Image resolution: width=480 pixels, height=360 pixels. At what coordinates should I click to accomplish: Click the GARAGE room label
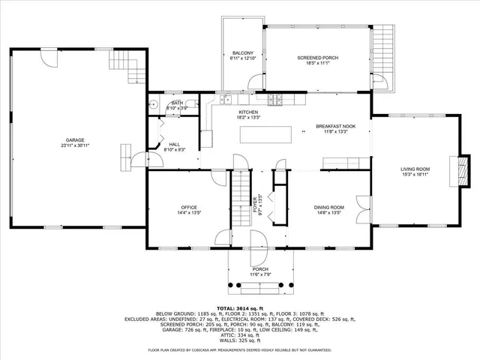point(74,139)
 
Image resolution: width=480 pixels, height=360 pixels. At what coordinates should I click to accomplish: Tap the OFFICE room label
point(188,207)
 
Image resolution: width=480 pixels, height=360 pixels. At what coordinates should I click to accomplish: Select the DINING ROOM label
point(328,207)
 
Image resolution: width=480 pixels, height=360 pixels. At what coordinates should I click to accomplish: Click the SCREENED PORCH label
point(318,58)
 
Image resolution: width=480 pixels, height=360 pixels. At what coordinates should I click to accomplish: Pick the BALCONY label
point(242,52)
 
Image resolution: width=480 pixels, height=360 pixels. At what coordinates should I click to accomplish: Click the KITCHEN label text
point(248,112)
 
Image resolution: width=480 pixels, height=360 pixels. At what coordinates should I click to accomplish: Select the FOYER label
point(254,202)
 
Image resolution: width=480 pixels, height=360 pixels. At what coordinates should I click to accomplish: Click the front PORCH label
point(260,269)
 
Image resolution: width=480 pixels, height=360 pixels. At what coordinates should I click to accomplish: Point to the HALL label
point(174,144)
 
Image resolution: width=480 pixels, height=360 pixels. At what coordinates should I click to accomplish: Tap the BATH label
point(177,103)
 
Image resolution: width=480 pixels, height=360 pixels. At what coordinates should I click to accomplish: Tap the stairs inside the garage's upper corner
point(135,67)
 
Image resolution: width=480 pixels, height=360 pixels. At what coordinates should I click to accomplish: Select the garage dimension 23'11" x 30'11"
point(74,145)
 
